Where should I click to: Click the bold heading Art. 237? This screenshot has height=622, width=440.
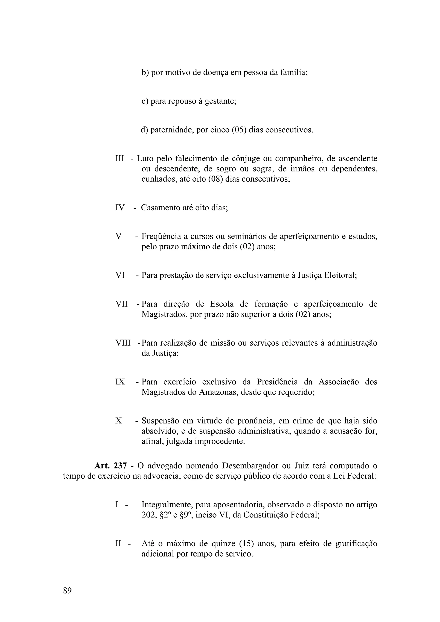click(x=111, y=466)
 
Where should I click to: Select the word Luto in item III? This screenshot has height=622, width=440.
click(x=145, y=158)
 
